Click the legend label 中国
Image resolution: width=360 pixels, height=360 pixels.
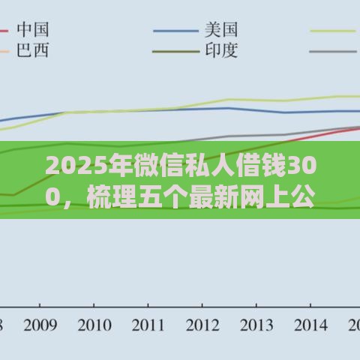[x=33, y=30]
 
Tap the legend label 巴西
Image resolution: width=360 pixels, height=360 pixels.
[x=33, y=52]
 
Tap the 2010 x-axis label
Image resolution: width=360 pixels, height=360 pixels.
[x=95, y=325]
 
